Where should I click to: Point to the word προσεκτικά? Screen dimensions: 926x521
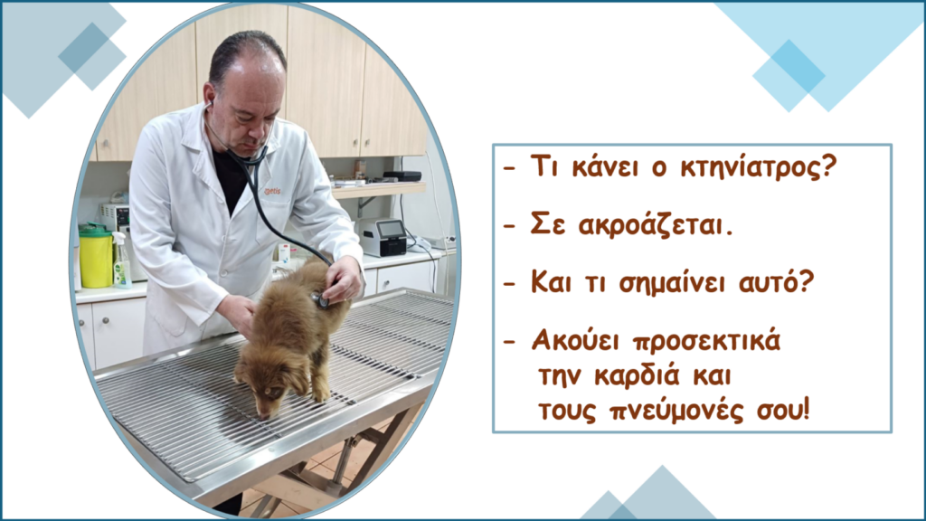706,341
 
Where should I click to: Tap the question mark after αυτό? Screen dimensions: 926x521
806,281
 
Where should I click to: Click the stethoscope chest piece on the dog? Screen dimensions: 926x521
321,300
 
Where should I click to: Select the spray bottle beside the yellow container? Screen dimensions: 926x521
121,260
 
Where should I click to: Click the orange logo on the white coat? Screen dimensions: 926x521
272,192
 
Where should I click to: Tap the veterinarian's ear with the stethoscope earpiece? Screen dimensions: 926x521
209,100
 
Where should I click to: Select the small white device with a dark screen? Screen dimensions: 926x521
383,238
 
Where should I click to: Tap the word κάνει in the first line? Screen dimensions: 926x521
607,166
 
